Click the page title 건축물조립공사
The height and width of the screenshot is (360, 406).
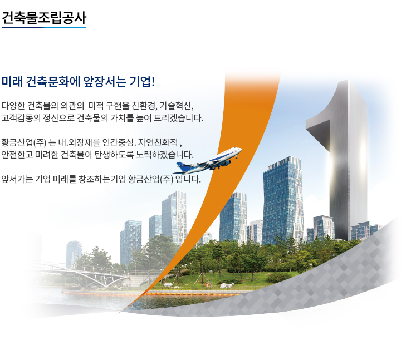(x=43, y=18)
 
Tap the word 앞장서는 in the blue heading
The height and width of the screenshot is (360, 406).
(x=105, y=82)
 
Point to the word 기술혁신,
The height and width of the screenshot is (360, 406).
(x=177, y=106)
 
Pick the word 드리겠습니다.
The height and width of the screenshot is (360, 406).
(x=179, y=118)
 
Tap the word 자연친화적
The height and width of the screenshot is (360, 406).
(x=158, y=142)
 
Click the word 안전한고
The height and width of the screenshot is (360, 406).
(x=17, y=155)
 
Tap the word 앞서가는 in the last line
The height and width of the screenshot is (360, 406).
(x=17, y=179)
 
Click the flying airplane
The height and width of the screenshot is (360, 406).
(x=207, y=161)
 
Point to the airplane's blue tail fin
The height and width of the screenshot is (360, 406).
(x=182, y=166)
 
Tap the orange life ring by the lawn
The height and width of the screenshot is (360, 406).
(x=207, y=285)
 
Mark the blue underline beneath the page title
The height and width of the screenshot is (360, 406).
(x=43, y=27)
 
